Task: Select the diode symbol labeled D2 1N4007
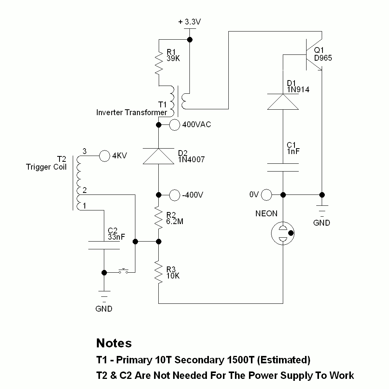[159, 156]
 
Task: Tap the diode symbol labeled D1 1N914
[283, 102]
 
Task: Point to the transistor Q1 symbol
[313, 54]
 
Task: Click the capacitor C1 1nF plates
[283, 167]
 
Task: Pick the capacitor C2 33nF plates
[104, 245]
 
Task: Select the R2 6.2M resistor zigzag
[159, 218]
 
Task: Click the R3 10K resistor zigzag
[159, 272]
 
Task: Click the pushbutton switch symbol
[124, 271]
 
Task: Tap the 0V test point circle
[267, 194]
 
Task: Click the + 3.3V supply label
[189, 22]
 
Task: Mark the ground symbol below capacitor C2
[104, 296]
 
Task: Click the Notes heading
[114, 343]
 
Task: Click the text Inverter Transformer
[131, 112]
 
